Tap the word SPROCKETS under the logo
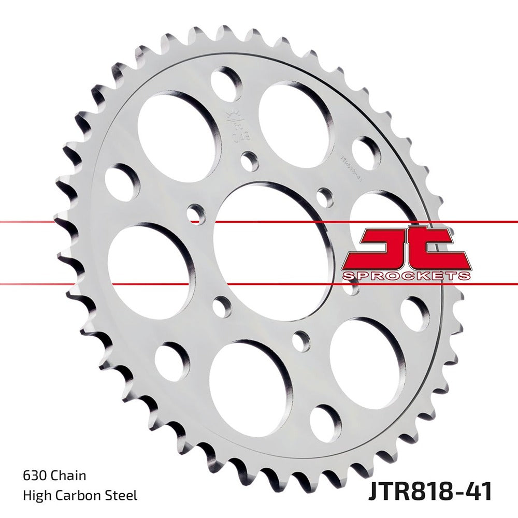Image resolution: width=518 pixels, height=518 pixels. [x=407, y=276]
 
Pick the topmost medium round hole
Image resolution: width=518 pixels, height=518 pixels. [x=227, y=82]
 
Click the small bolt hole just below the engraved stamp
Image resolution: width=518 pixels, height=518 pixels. [x=250, y=161]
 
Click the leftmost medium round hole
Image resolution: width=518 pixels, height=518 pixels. [x=122, y=182]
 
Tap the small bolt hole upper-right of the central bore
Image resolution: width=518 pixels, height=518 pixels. [x=325, y=197]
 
